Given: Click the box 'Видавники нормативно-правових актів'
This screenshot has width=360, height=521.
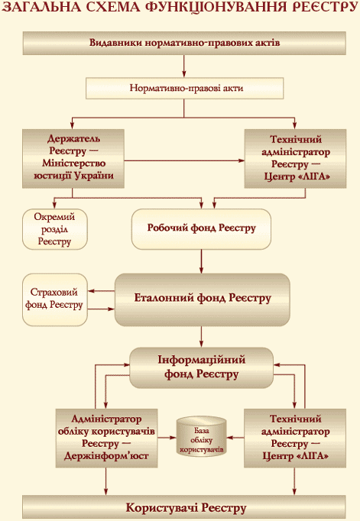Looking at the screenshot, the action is click(x=184, y=44).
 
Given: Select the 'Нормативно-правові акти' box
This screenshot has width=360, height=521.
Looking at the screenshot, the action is click(x=184, y=89).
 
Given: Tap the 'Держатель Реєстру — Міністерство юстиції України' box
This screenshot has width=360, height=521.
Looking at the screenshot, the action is click(x=73, y=159).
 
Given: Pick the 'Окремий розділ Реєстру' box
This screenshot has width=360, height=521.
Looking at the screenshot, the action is click(x=55, y=229).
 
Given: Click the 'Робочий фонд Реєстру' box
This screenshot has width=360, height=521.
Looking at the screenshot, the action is click(x=201, y=229).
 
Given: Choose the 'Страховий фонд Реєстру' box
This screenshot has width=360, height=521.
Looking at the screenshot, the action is click(x=55, y=299).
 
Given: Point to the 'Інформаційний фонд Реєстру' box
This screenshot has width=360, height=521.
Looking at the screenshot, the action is click(x=201, y=367).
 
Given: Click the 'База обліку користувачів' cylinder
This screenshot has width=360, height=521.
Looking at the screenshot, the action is click(x=202, y=437).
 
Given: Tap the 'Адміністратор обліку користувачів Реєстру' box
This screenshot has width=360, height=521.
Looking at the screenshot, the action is click(x=106, y=438).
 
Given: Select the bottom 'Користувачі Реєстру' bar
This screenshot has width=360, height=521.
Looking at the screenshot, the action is click(x=184, y=508).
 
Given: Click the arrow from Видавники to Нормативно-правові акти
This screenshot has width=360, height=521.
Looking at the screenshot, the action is click(x=184, y=66).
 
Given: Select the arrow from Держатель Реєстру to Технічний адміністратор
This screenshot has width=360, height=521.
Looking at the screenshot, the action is click(x=184, y=161).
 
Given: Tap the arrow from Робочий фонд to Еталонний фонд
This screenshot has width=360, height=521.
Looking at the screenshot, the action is click(x=201, y=261).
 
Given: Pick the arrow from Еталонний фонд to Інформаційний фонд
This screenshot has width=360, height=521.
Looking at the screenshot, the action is click(x=201, y=337).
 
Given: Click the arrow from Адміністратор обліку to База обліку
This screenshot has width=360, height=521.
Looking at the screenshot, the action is click(x=167, y=437).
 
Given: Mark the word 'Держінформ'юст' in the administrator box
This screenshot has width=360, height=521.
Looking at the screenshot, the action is click(x=106, y=456).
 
